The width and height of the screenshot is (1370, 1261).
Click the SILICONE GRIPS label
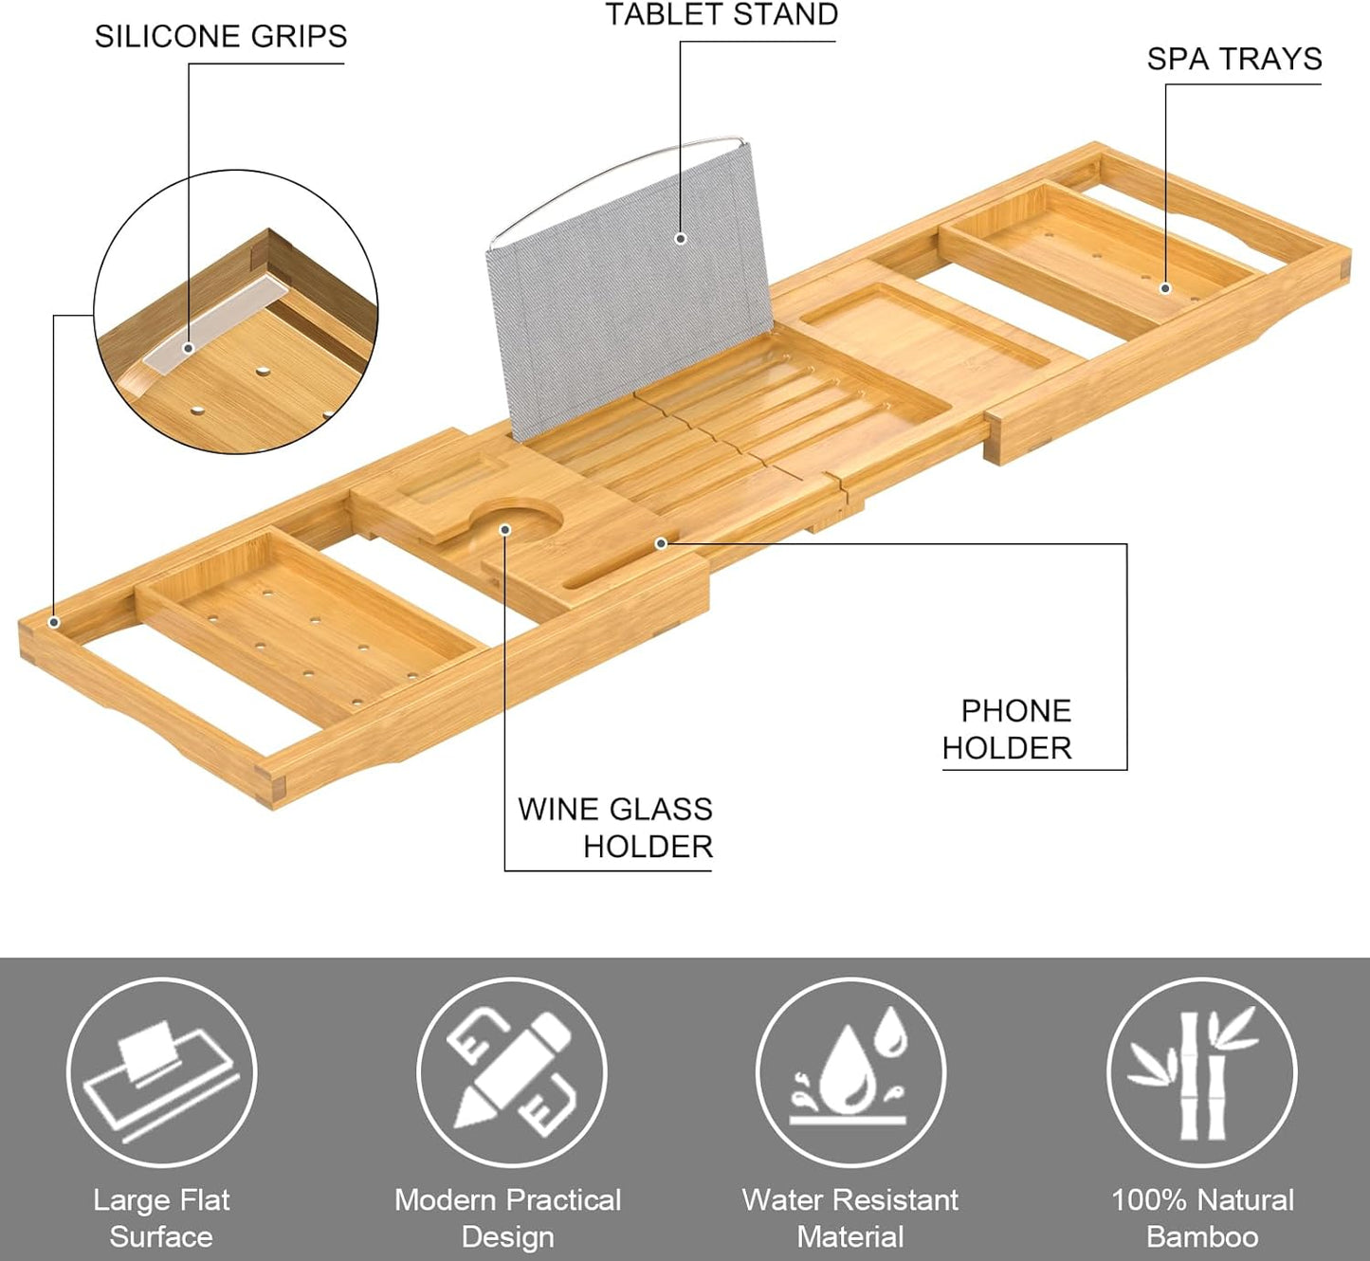pos(221,37)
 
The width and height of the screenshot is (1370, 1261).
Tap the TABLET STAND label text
pos(722,15)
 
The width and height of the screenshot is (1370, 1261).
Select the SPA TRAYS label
pos(1233,60)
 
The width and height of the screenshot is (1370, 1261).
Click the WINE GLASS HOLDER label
pos(616,827)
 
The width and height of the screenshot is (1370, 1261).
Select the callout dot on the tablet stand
pos(681,239)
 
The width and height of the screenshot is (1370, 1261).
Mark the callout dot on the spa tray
pos(1165,288)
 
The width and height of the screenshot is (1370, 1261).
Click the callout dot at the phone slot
pos(662,543)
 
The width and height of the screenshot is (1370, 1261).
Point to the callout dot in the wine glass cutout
pos(505,530)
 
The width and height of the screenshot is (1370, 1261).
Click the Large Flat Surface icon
pos(162,1072)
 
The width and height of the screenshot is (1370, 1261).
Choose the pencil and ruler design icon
pos(511,1072)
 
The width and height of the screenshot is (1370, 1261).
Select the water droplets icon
pos(850,1072)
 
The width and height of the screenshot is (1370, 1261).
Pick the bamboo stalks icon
pos(1201,1072)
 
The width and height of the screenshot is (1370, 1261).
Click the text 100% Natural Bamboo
pos(1202,1218)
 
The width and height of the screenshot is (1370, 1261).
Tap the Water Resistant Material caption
pos(850,1218)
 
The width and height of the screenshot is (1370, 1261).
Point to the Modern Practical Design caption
pos(508,1218)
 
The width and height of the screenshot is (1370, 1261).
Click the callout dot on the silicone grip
pos(189,348)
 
